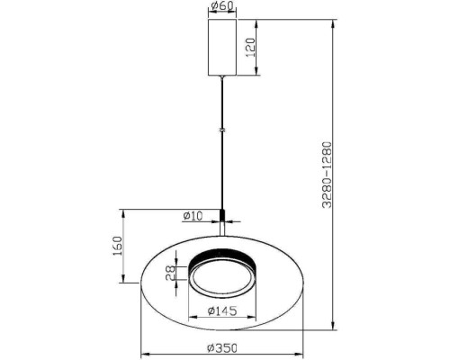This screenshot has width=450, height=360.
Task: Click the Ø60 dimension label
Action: pos(222,6)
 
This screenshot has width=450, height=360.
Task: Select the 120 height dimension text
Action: pos(250,48)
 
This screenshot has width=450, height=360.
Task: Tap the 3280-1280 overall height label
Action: pos(327,175)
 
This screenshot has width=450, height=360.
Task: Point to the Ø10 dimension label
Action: pos(193,216)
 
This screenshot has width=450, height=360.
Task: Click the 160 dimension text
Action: pos(117,246)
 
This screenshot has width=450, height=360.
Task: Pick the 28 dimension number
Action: pos(170,274)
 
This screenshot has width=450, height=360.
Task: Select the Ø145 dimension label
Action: pos(222,310)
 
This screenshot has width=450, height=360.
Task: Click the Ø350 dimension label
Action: pos(222,348)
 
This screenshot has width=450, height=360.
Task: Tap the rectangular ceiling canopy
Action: pos(222,47)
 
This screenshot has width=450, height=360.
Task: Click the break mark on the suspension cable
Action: pos(222,130)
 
